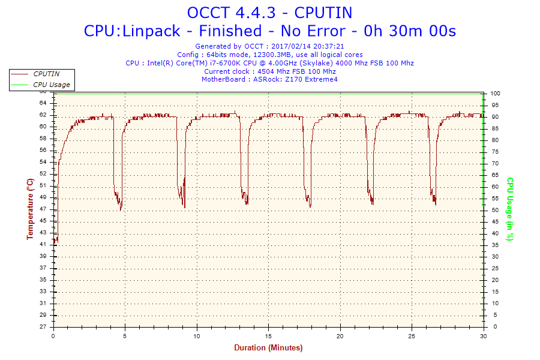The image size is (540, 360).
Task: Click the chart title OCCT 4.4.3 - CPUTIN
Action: [269, 12]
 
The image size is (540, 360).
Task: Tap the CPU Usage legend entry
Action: [52, 85]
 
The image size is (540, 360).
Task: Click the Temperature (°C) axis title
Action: [30, 209]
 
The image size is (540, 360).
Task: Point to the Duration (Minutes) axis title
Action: [268, 348]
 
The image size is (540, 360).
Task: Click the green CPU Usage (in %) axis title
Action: [510, 209]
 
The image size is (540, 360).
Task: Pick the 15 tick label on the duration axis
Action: [269, 335]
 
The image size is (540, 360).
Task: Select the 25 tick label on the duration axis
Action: [412, 335]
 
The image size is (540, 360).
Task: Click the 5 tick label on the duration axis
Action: [125, 335]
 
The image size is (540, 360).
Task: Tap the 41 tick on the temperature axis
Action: [43, 245]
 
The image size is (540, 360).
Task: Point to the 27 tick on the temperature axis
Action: [43, 327]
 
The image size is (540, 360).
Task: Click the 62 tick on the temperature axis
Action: [43, 115]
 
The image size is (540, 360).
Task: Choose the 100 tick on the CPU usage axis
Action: [496, 94]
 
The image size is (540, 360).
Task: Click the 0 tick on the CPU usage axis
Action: [493, 327]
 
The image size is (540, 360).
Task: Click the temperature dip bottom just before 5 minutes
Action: [121, 209]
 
